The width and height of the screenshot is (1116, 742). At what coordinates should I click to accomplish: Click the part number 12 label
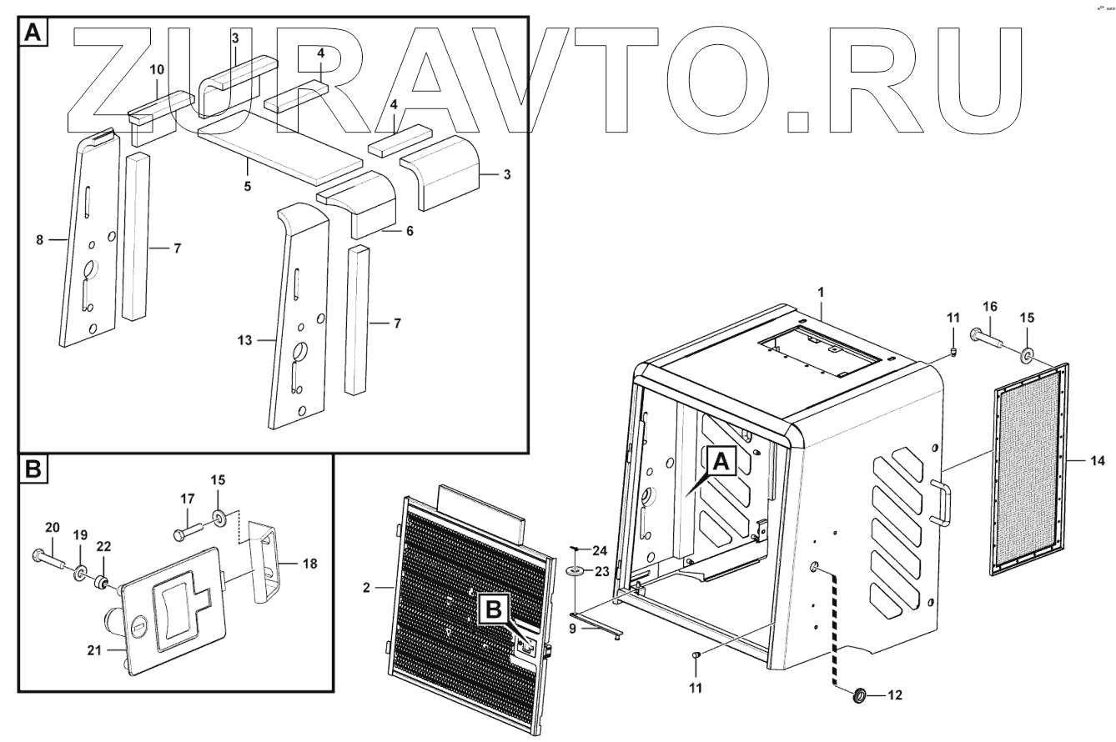tap(894, 695)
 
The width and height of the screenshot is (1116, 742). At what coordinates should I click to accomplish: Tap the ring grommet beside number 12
tap(858, 694)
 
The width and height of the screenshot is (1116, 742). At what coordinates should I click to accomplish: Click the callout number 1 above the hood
tap(821, 293)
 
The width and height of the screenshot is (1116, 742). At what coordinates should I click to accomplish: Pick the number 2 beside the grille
tap(366, 588)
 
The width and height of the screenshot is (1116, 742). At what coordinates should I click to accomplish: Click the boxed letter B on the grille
tap(494, 611)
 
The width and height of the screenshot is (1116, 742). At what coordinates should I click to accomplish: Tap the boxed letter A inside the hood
tap(722, 459)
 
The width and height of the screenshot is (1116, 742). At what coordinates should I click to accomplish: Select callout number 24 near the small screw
tap(601, 550)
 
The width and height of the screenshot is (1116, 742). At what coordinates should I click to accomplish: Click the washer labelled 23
tap(576, 572)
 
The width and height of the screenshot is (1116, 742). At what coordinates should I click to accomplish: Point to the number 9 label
tap(572, 629)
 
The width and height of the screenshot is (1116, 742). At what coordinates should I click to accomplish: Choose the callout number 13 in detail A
tap(244, 340)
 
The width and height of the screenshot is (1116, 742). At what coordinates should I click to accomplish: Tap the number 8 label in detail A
tap(39, 240)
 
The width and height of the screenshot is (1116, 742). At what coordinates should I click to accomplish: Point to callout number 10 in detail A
tap(158, 69)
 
